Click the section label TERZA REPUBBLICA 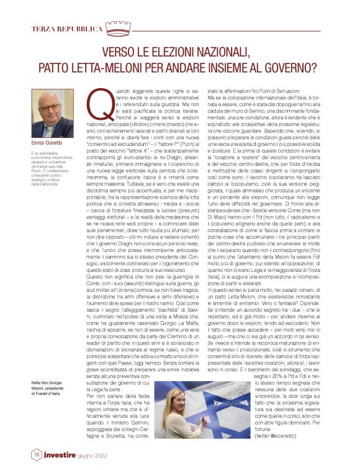66,29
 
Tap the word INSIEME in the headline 218,68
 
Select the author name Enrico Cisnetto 48,143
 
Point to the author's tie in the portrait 52,131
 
